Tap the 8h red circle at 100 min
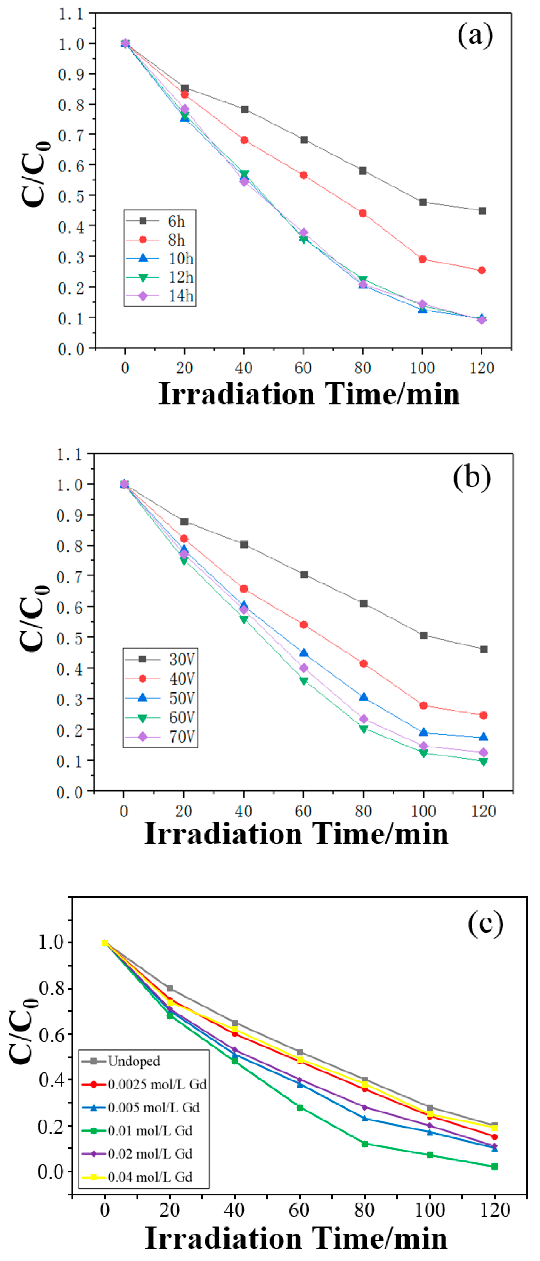pyautogui.click(x=422, y=259)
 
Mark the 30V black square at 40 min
pyautogui.click(x=244, y=544)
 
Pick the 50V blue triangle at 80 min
pyautogui.click(x=363, y=697)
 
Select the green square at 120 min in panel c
pyautogui.click(x=494, y=1166)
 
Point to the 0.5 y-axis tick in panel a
pyautogui.click(x=71, y=196)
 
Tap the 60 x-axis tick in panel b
pyautogui.click(x=303, y=811)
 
